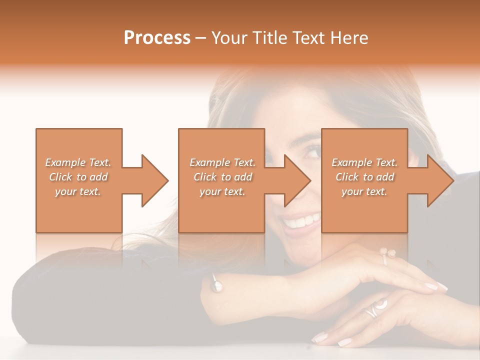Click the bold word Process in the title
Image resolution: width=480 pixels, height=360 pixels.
(x=157, y=38)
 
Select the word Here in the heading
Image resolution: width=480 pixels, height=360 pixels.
(x=349, y=38)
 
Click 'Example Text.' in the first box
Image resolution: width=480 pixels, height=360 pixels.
(x=78, y=162)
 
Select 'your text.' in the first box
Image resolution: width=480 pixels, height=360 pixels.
(x=78, y=191)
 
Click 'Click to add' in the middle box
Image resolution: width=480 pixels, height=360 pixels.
(x=222, y=177)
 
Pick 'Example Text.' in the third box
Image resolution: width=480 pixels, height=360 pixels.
(x=364, y=162)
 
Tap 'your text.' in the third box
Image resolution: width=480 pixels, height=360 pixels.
(x=364, y=191)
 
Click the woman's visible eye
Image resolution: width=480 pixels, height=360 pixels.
(x=312, y=151)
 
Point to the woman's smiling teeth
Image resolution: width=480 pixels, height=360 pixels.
(x=301, y=220)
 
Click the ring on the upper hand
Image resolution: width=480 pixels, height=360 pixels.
(x=387, y=255)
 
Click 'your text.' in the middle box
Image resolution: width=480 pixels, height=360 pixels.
(x=222, y=191)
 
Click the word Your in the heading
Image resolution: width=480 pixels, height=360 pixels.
(x=229, y=38)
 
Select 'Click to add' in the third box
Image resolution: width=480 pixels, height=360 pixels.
(x=364, y=177)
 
